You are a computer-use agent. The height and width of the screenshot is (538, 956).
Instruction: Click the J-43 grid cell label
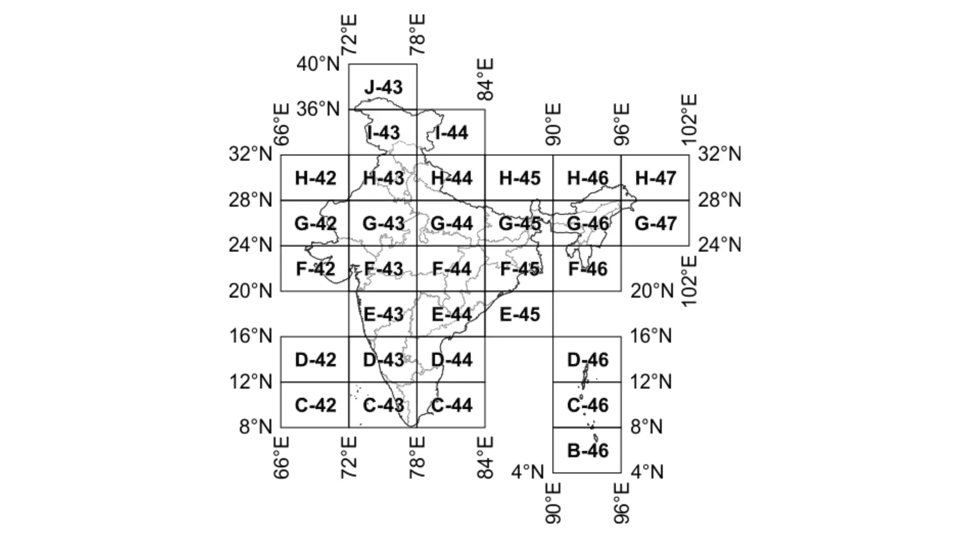coord(383,87)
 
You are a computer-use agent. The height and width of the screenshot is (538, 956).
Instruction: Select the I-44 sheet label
coord(451,133)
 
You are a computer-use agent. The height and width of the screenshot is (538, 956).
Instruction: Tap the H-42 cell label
coord(316,178)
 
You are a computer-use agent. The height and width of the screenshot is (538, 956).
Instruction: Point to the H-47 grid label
coord(655,178)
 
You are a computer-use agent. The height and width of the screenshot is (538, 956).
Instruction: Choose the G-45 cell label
coord(520,224)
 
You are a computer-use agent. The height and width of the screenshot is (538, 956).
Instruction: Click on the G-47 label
coord(655,224)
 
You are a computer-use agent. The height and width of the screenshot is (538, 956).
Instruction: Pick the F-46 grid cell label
coord(588,269)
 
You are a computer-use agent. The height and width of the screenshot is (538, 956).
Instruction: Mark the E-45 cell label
coord(520,314)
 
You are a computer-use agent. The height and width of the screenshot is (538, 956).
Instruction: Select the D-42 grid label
coord(316,360)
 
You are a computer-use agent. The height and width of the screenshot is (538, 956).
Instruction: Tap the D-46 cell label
coord(588,360)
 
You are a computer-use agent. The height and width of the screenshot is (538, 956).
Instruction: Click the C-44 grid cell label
coord(451,405)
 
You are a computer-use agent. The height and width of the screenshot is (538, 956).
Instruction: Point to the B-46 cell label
coord(588,450)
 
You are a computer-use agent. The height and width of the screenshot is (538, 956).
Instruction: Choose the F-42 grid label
coord(316,269)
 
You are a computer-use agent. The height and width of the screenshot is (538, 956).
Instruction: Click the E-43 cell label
coord(383,314)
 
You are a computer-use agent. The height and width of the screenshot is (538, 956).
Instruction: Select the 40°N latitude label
coord(318,64)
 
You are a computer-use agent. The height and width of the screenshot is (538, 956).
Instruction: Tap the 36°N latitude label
coord(318,109)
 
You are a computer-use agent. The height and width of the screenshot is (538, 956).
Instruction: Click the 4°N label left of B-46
coord(527,472)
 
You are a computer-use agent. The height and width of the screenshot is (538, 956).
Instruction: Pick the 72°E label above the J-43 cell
coord(349,35)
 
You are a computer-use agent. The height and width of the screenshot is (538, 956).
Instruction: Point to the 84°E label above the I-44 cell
coord(485,79)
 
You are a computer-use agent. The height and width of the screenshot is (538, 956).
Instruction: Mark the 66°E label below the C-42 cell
coord(281,458)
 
